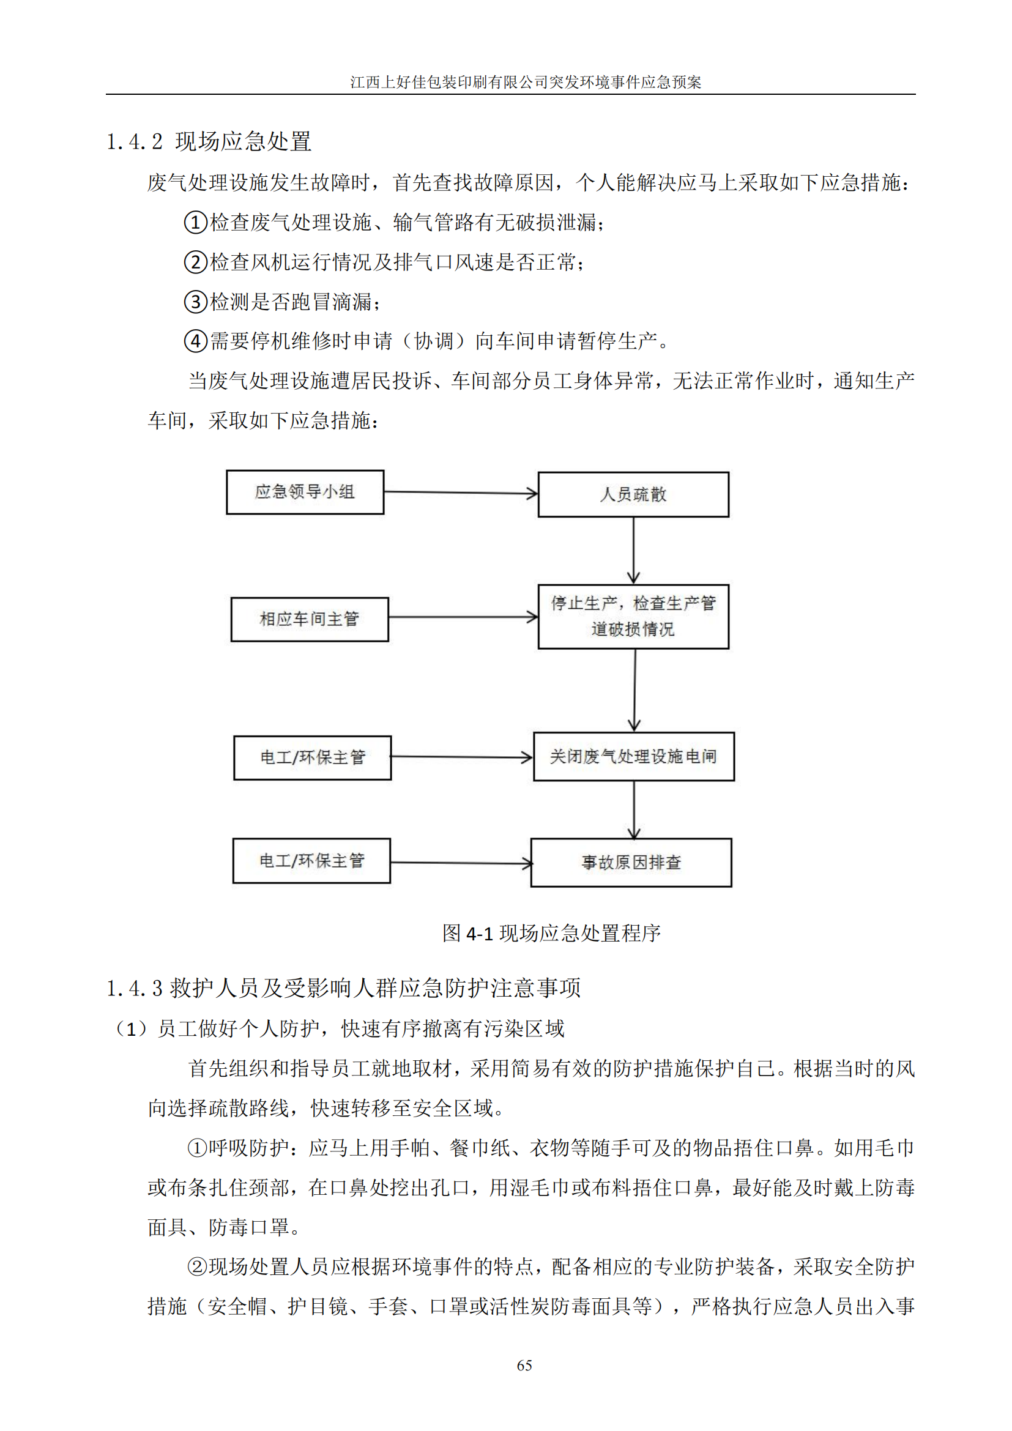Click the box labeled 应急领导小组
pyautogui.click(x=305, y=492)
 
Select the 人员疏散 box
pyautogui.click(x=633, y=494)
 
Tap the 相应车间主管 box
pyautogui.click(x=309, y=619)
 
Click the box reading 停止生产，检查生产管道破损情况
pyautogui.click(x=633, y=617)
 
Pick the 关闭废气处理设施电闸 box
pyautogui.click(x=634, y=756)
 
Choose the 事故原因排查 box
pyautogui.click(x=631, y=863)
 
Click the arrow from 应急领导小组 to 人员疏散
pyautogui.click(x=461, y=493)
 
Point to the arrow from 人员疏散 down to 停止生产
pyautogui.click(x=634, y=550)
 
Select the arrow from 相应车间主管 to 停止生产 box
pyautogui.click(x=463, y=617)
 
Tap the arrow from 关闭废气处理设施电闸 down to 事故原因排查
pyautogui.click(x=634, y=809)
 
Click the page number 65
pyautogui.click(x=524, y=1366)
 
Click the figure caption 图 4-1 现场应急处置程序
pyautogui.click(x=551, y=933)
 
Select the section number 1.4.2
pyautogui.click(x=135, y=142)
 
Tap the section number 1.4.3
pyautogui.click(x=135, y=988)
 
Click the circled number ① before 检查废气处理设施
pyautogui.click(x=196, y=223)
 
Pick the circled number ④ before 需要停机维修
pyautogui.click(x=196, y=341)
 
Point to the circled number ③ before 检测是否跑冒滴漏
pyautogui.click(x=196, y=302)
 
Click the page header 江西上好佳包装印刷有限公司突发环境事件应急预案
pyautogui.click(x=526, y=82)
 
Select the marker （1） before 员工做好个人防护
pyautogui.click(x=132, y=1028)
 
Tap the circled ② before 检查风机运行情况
pyautogui.click(x=196, y=262)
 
